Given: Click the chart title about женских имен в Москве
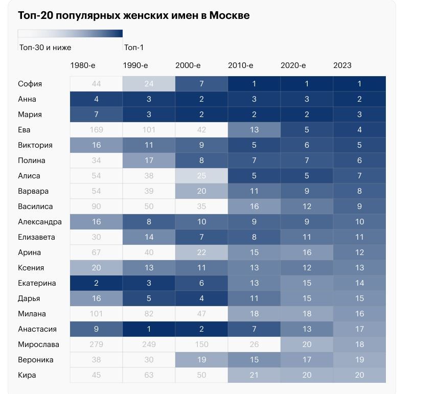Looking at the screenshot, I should pos(133,15).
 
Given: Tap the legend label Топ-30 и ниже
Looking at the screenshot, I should pos(45,48).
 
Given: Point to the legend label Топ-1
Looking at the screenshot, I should pos(134,48).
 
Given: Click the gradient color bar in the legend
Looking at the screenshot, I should pos(70,34).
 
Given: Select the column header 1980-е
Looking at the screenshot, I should pos(83,65).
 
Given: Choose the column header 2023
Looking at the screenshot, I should pos(342,65).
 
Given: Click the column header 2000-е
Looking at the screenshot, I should pos(188,65).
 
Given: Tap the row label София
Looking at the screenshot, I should pos(30,84).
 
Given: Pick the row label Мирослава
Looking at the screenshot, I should pos(38,344).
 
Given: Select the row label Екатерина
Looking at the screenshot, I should pos(37,283).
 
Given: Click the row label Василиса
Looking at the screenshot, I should pos(35,206).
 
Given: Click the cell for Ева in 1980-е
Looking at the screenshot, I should pos(96,130).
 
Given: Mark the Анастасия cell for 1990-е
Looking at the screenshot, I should pos(149,329).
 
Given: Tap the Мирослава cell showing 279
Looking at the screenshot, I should pos(96,344).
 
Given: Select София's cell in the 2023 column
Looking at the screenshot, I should pos(359,84).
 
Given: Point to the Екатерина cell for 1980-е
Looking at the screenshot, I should pos(96,283).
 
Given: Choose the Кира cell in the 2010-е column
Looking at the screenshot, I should pos(254,375).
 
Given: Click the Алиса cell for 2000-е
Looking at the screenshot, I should pos(201,176).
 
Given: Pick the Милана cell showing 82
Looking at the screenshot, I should pos(149,314).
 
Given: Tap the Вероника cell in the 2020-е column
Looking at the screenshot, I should pos(307,360).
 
